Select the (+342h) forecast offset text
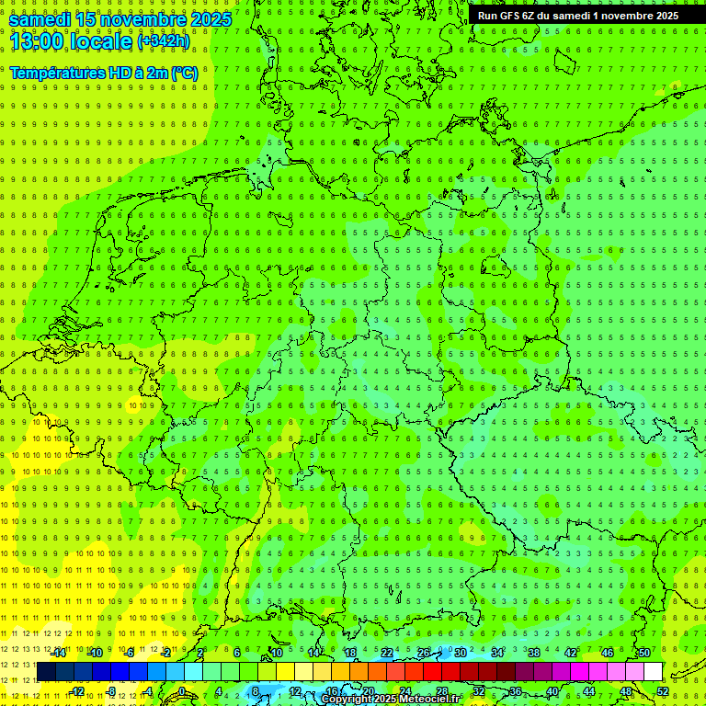164,41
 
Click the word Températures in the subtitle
61,73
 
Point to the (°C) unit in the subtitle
184,73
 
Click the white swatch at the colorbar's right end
654,671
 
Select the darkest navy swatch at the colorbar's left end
47,671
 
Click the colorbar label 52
663,691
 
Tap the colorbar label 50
643,653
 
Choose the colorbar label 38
533,653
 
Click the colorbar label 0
182,691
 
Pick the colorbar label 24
404,691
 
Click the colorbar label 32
478,691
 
